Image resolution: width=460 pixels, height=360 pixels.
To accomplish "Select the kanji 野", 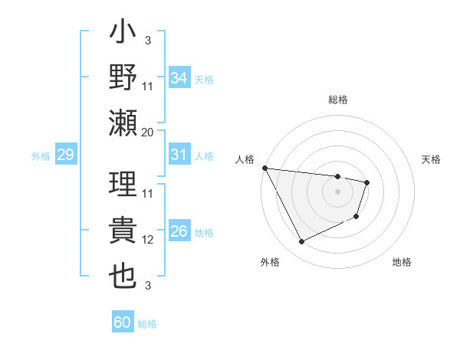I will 124,78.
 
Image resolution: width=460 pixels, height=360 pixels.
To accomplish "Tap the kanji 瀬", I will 124,123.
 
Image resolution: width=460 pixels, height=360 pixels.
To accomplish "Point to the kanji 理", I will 124,185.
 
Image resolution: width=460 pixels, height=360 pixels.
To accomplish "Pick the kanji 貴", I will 124,231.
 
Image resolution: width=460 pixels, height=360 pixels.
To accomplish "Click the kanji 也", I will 124,276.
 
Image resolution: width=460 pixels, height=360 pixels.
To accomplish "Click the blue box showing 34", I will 179,77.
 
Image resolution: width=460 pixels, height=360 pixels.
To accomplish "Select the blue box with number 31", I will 179,155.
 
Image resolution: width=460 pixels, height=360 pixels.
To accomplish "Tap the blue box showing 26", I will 179,232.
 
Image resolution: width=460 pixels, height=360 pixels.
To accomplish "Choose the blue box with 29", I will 65,155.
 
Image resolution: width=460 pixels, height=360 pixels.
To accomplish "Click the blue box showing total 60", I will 123,322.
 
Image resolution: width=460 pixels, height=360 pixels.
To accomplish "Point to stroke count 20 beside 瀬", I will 147,132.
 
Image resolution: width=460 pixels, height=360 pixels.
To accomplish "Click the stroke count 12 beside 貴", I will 148,240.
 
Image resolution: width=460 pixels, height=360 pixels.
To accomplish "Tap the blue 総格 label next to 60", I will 147,323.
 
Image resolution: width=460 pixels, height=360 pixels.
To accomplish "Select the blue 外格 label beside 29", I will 41,156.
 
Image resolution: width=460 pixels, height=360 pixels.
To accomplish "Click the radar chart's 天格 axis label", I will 431,159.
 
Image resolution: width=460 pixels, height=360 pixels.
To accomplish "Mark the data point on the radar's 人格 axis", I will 264,168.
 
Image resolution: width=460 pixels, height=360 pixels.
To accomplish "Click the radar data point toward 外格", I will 301,242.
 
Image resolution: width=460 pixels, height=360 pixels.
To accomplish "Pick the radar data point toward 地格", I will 357,217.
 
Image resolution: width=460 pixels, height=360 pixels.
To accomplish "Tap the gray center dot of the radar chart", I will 337,191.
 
